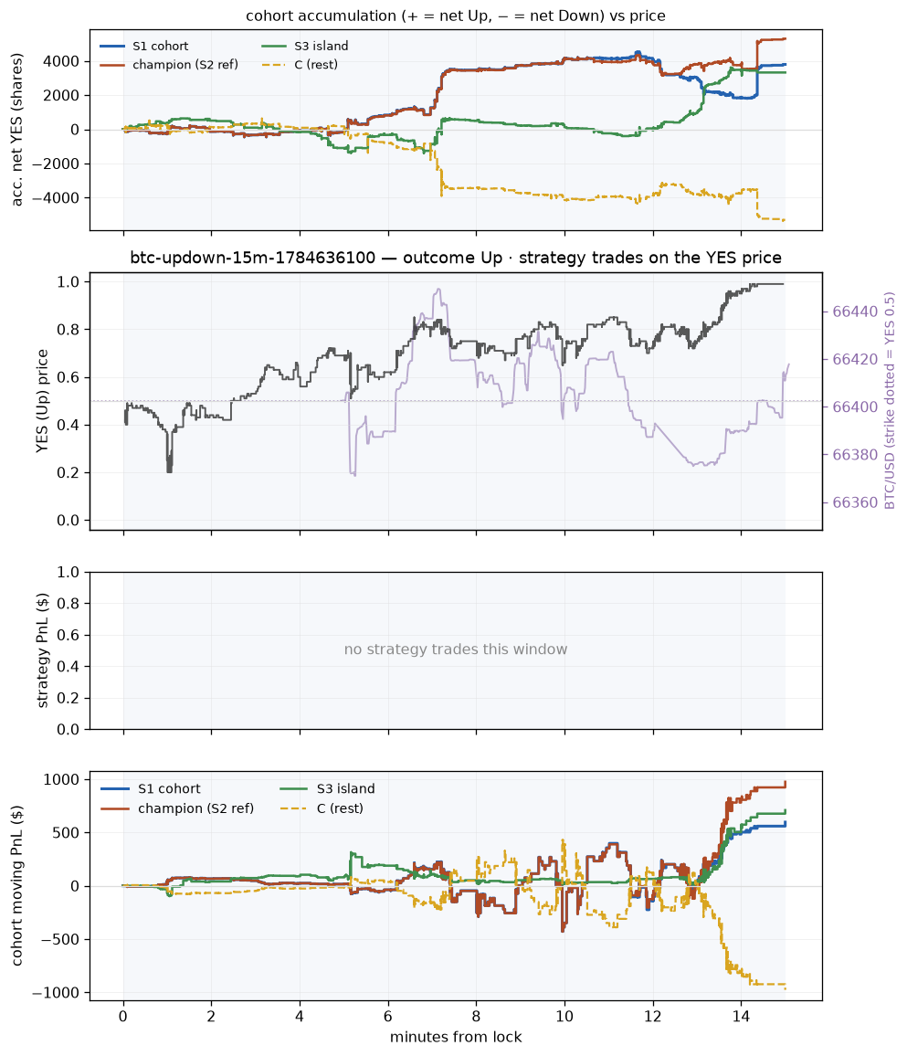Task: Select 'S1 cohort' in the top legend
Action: coord(160,46)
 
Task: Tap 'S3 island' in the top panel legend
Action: coord(322,46)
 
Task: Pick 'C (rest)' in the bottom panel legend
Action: coord(340,808)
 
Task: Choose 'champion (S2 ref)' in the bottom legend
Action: coord(196,808)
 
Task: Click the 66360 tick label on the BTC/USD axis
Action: coord(855,502)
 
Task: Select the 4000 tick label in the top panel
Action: coord(62,61)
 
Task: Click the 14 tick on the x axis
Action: coord(742,1017)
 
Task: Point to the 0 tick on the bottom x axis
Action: coord(123,1017)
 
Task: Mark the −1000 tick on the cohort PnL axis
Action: coord(56,993)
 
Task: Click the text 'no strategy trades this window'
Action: coord(456,649)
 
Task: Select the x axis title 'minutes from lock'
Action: coord(456,1037)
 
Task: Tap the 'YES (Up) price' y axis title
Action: coord(42,401)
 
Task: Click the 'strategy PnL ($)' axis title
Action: coord(42,650)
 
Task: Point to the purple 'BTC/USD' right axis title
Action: coord(891,401)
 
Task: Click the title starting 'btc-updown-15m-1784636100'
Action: coord(456,258)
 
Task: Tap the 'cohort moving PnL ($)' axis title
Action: coord(17,885)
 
